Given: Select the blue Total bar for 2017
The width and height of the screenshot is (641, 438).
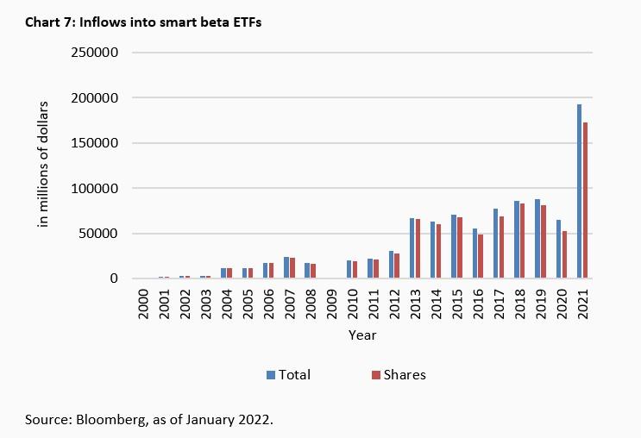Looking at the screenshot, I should coord(496,243).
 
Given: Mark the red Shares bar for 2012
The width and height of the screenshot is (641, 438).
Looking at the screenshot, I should coord(398,266).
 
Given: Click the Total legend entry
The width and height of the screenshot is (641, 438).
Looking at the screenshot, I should coord(287,374).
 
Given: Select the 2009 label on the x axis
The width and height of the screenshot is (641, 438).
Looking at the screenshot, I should coord(331,302).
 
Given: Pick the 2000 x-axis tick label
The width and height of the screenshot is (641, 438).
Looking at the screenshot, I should coord(143,302).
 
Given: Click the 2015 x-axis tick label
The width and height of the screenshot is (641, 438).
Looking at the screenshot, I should coord(456,302).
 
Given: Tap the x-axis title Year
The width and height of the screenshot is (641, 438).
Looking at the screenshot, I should coord(362,335).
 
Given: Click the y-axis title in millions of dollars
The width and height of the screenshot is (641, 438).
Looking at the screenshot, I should coord(42,165).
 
